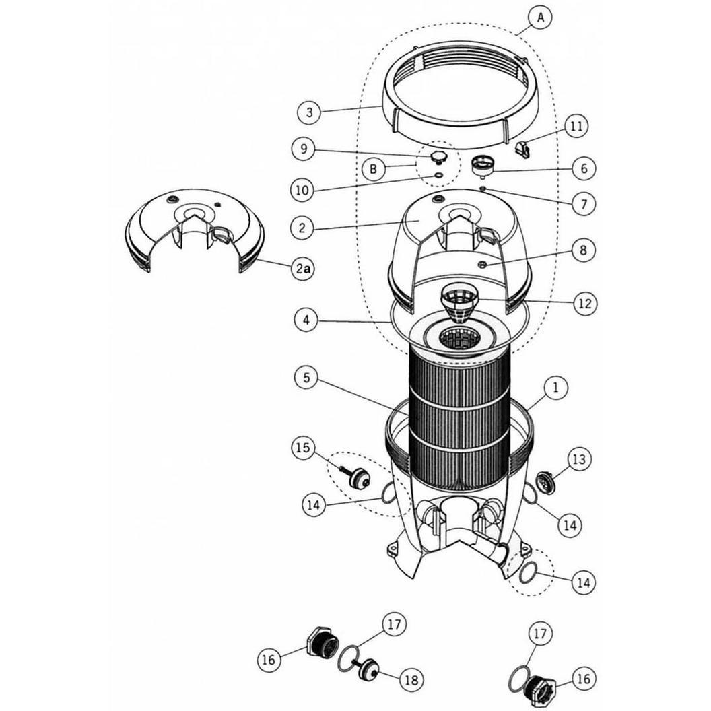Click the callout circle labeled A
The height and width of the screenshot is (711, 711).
click(x=539, y=18)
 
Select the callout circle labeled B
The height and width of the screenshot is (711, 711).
click(x=373, y=169)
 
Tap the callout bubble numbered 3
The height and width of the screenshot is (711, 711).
click(x=310, y=112)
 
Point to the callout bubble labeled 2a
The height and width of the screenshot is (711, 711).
click(x=304, y=269)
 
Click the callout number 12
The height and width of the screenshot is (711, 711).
click(x=584, y=304)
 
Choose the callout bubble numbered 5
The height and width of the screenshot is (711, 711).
click(x=307, y=378)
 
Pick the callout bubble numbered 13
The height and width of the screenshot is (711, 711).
click(x=579, y=459)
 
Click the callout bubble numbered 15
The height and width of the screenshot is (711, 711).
click(x=303, y=448)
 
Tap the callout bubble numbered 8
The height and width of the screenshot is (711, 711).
click(x=584, y=250)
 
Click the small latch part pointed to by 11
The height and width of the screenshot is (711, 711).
click(x=522, y=149)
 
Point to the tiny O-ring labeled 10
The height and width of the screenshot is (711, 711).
click(x=438, y=175)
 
